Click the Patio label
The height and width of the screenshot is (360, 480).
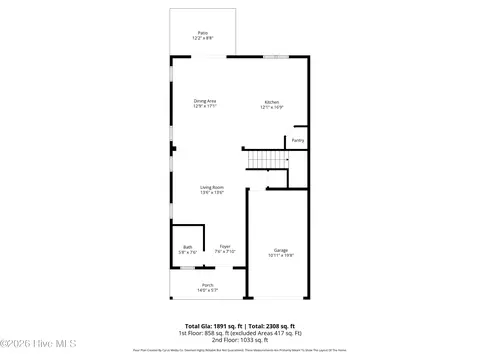click(x=203, y=33)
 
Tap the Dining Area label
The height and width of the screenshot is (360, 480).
click(x=205, y=101)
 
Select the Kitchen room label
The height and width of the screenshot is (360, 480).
click(x=272, y=101)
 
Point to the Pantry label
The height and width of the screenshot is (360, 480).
click(x=298, y=141)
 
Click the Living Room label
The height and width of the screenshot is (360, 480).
click(x=211, y=187)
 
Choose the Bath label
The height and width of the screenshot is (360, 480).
click(x=187, y=247)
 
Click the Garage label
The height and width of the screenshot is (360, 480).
click(x=281, y=250)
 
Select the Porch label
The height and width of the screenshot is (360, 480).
click(x=207, y=285)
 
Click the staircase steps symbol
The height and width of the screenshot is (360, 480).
click(x=266, y=159)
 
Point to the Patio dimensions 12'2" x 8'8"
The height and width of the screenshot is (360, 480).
click(x=203, y=38)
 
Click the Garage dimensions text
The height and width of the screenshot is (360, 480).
click(x=281, y=255)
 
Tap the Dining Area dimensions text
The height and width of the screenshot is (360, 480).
click(x=205, y=106)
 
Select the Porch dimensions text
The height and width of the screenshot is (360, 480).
click(x=207, y=290)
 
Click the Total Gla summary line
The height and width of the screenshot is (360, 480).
click(x=240, y=323)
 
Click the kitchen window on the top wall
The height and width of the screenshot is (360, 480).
click(x=277, y=56)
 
